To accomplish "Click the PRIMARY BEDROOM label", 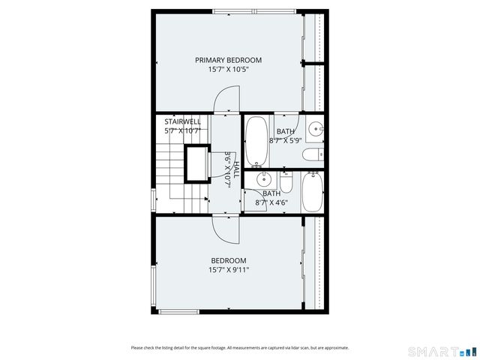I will pos(228,60).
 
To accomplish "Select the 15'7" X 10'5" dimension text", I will pos(228,70).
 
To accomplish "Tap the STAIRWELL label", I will pos(182,121).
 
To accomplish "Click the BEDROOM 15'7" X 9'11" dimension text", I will pos(228,270).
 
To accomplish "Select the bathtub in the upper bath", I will pos(256,141).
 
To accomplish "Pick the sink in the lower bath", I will pos(263,179).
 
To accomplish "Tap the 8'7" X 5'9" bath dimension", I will pos(285,140).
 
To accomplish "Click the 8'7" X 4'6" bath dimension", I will pos(271,202).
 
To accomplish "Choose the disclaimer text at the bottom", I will pos(239,348).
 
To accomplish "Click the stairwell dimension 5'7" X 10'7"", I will pos(183,130).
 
